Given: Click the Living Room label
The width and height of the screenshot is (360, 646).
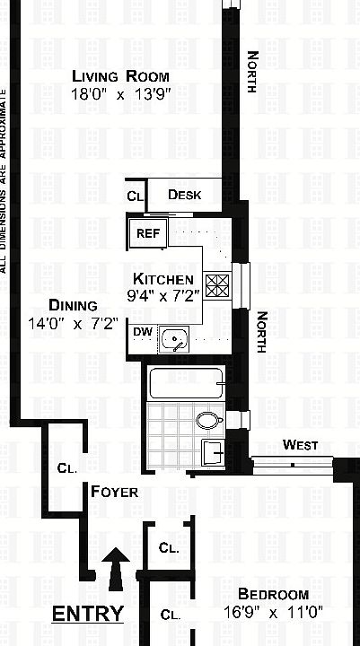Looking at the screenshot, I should [x=121, y=75].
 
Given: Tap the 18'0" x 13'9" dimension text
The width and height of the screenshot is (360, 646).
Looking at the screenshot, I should [x=121, y=92].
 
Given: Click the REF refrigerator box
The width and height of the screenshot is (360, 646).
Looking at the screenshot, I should [x=146, y=233].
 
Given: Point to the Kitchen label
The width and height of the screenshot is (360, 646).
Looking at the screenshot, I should [x=163, y=277].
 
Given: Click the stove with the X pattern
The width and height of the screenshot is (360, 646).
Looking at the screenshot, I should [x=218, y=285].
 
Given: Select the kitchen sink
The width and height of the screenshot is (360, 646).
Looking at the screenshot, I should [x=175, y=338].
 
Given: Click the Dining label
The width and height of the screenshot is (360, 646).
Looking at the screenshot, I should [x=67, y=304].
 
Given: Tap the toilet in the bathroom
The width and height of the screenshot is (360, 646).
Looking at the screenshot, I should [x=208, y=420].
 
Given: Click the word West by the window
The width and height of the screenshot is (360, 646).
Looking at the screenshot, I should [x=300, y=444].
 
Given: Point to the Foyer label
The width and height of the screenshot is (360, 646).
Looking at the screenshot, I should [x=114, y=492].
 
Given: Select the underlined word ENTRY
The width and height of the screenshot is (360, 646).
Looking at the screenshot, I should [x=87, y=614].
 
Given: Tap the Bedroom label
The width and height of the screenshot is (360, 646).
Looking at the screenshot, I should [x=273, y=594].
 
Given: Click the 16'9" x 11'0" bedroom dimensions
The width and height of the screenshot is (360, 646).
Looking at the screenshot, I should [x=273, y=613].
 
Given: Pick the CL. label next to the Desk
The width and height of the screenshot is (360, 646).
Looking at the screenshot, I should [x=136, y=196].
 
